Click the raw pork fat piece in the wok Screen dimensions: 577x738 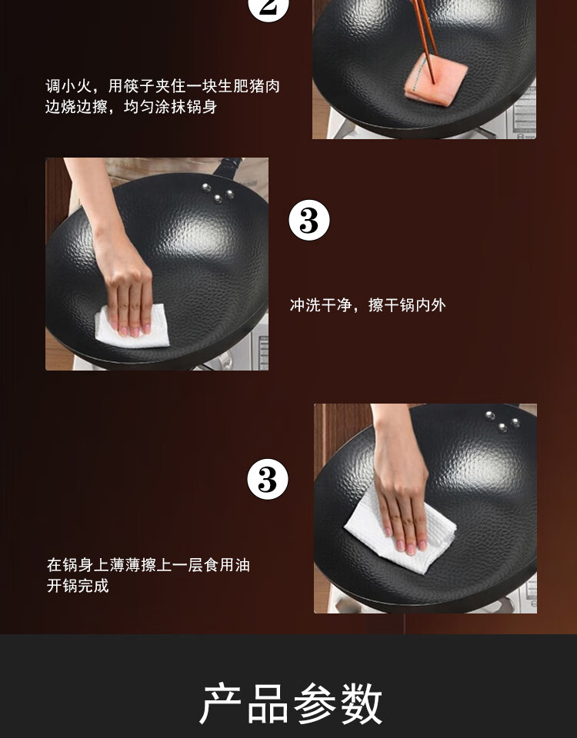(435, 77)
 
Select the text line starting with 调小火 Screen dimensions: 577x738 (162, 86)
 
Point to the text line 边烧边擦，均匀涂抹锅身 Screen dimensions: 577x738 (131, 107)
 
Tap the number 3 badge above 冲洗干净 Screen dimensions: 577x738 (309, 221)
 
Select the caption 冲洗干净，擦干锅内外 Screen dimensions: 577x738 (368, 305)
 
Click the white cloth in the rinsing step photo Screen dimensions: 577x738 (132, 326)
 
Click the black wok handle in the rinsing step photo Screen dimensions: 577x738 (228, 168)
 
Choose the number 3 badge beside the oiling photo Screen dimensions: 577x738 (268, 479)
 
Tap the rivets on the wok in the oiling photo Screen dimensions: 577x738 (502, 421)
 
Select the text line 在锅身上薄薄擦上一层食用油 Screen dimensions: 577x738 (148, 565)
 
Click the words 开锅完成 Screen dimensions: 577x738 (78, 586)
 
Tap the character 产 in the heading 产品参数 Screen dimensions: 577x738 (221, 703)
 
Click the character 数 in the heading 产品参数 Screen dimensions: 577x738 (361, 703)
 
